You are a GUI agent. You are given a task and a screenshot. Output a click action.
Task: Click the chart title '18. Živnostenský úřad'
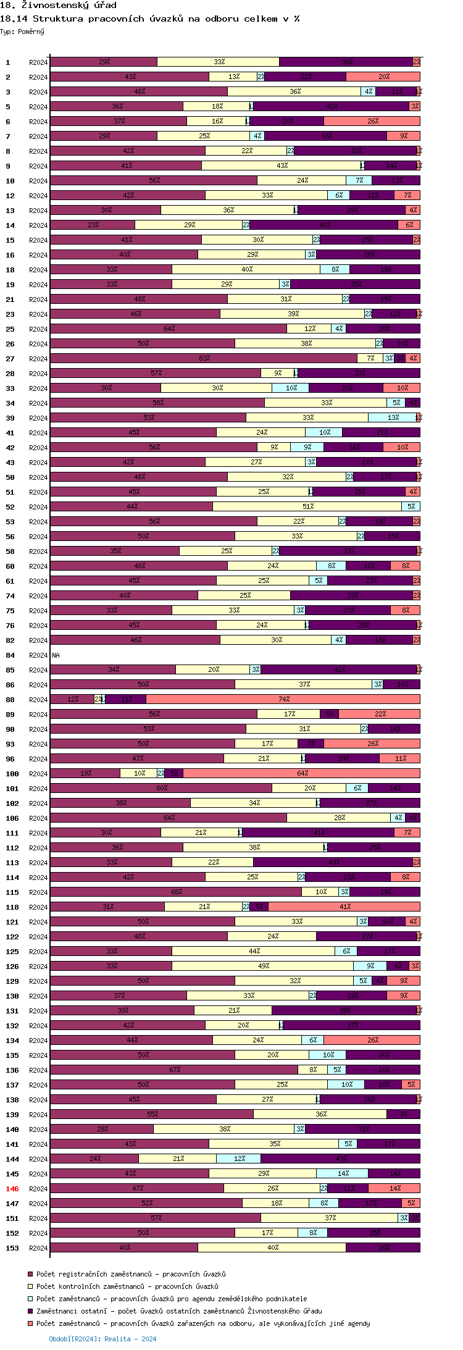(x=59, y=6)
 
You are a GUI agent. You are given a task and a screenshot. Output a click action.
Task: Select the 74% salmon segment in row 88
(x=283, y=699)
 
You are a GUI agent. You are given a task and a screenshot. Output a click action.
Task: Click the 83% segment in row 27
(x=204, y=358)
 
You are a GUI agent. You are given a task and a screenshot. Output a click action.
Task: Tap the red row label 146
(x=12, y=1188)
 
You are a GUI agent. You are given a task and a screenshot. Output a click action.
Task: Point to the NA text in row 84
(x=56, y=655)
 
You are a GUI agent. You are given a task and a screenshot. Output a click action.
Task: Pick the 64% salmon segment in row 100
(x=302, y=773)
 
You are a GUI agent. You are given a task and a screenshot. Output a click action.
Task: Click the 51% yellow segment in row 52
(x=307, y=506)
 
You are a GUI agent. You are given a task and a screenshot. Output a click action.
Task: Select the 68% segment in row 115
(x=176, y=892)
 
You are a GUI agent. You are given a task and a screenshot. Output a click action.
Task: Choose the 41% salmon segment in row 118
(x=344, y=907)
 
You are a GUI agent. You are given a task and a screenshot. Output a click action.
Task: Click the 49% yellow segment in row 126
(x=263, y=966)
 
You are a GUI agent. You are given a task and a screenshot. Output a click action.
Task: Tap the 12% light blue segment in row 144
(x=239, y=1159)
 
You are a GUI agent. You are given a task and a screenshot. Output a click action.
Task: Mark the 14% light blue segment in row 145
(x=343, y=1173)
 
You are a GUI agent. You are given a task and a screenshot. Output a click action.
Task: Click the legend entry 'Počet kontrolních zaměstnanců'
(x=127, y=1286)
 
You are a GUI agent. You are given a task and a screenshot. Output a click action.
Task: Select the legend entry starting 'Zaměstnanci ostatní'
(x=179, y=1311)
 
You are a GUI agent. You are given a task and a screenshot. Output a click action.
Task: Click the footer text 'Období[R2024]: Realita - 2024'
(x=102, y=1339)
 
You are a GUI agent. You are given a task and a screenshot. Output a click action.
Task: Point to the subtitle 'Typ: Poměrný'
(x=22, y=31)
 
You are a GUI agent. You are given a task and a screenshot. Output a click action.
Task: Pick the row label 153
(x=12, y=1247)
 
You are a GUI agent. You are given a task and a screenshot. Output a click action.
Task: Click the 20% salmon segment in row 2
(x=383, y=77)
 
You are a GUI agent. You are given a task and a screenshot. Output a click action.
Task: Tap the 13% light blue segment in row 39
(x=393, y=417)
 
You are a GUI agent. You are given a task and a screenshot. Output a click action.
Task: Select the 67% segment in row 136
(x=174, y=1070)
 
